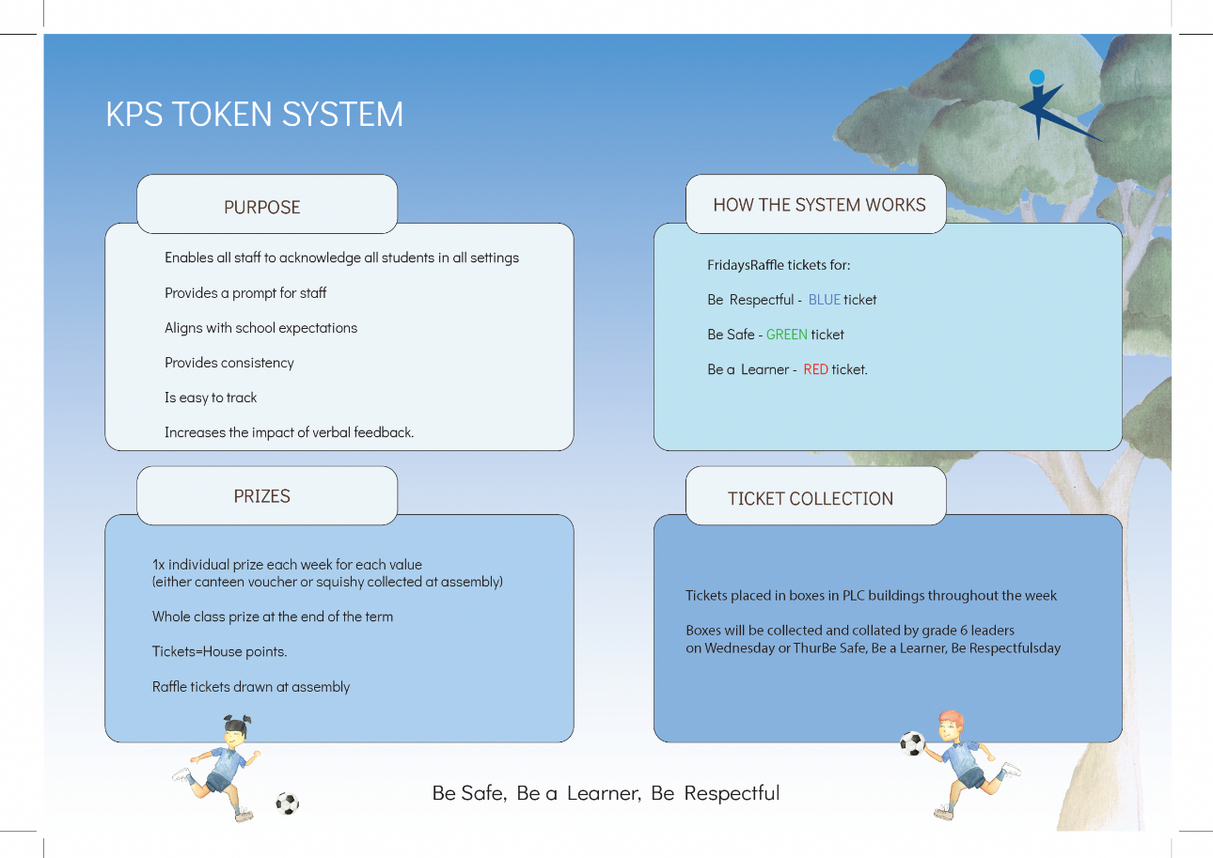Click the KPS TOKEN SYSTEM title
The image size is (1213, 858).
click(x=254, y=115)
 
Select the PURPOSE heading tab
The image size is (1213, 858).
click(x=262, y=207)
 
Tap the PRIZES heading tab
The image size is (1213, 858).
click(x=262, y=496)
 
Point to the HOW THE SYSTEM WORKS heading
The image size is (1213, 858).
click(x=819, y=205)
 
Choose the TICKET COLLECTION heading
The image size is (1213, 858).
click(x=811, y=499)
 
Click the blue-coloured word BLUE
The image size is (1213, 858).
click(x=824, y=300)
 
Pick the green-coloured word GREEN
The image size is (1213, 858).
click(x=786, y=335)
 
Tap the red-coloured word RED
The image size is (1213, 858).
click(x=815, y=369)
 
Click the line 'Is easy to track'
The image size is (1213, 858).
click(x=211, y=398)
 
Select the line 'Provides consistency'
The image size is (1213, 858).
click(x=229, y=363)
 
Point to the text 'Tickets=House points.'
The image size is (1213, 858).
click(x=219, y=651)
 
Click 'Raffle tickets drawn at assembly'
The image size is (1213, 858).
click(x=251, y=687)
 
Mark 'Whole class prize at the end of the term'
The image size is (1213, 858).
click(x=273, y=616)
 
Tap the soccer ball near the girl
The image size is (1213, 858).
click(x=287, y=803)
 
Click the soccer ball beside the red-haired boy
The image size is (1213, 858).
click(x=912, y=743)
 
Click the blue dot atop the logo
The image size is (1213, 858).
click(x=1037, y=76)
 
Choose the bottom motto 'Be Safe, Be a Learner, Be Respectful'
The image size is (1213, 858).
click(x=606, y=792)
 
